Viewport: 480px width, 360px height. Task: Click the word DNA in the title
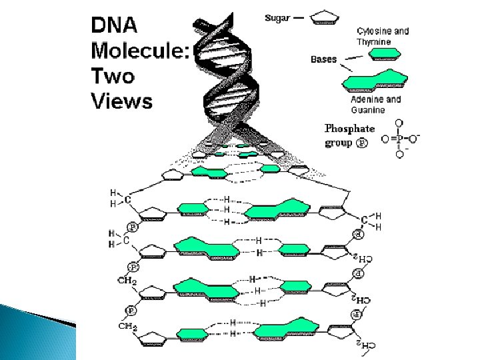(115, 25)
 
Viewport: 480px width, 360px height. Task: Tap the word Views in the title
(122, 101)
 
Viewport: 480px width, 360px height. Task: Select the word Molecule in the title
(139, 51)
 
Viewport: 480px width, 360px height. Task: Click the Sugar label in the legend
(278, 18)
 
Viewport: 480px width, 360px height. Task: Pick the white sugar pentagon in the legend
(326, 19)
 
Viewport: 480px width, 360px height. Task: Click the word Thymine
(373, 41)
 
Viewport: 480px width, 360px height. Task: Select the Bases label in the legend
(324, 59)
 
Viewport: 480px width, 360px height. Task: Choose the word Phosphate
(349, 129)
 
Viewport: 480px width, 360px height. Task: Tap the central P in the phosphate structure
(399, 139)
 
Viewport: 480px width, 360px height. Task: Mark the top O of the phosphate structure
(399, 123)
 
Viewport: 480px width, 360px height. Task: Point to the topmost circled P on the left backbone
(133, 227)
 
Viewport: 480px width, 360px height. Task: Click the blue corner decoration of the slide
(33, 333)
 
